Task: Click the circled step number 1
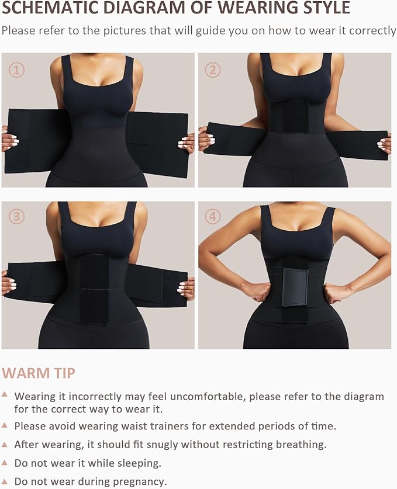coord(16,70)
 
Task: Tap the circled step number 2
coord(213,70)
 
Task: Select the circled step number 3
coord(16,217)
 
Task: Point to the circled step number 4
coord(213,217)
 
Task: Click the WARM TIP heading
coord(39,373)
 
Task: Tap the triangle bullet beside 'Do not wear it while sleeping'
coord(5,462)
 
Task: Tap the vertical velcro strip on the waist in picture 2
coord(295,117)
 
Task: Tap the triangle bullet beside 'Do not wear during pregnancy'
coord(5,481)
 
